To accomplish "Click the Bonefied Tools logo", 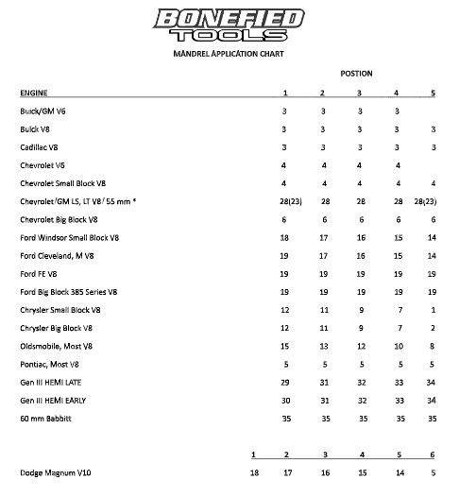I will click(x=230, y=25).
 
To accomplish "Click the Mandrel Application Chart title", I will click(x=229, y=54).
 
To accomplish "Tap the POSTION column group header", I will click(x=357, y=74).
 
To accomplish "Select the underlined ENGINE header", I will click(x=34, y=93).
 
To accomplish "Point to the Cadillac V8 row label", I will click(x=40, y=146).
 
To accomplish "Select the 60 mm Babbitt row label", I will click(x=46, y=418).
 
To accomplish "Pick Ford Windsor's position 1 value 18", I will click(x=284, y=237).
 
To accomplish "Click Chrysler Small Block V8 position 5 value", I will click(x=433, y=309).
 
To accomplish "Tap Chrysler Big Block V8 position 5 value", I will click(x=433, y=328).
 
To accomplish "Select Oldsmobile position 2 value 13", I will click(x=322, y=346).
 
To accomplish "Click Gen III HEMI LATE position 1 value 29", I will click(x=284, y=382).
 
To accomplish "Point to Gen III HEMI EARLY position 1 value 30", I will click(x=284, y=400).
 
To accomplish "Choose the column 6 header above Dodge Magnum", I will click(x=433, y=454).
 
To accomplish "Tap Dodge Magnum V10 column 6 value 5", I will click(x=433, y=471).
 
